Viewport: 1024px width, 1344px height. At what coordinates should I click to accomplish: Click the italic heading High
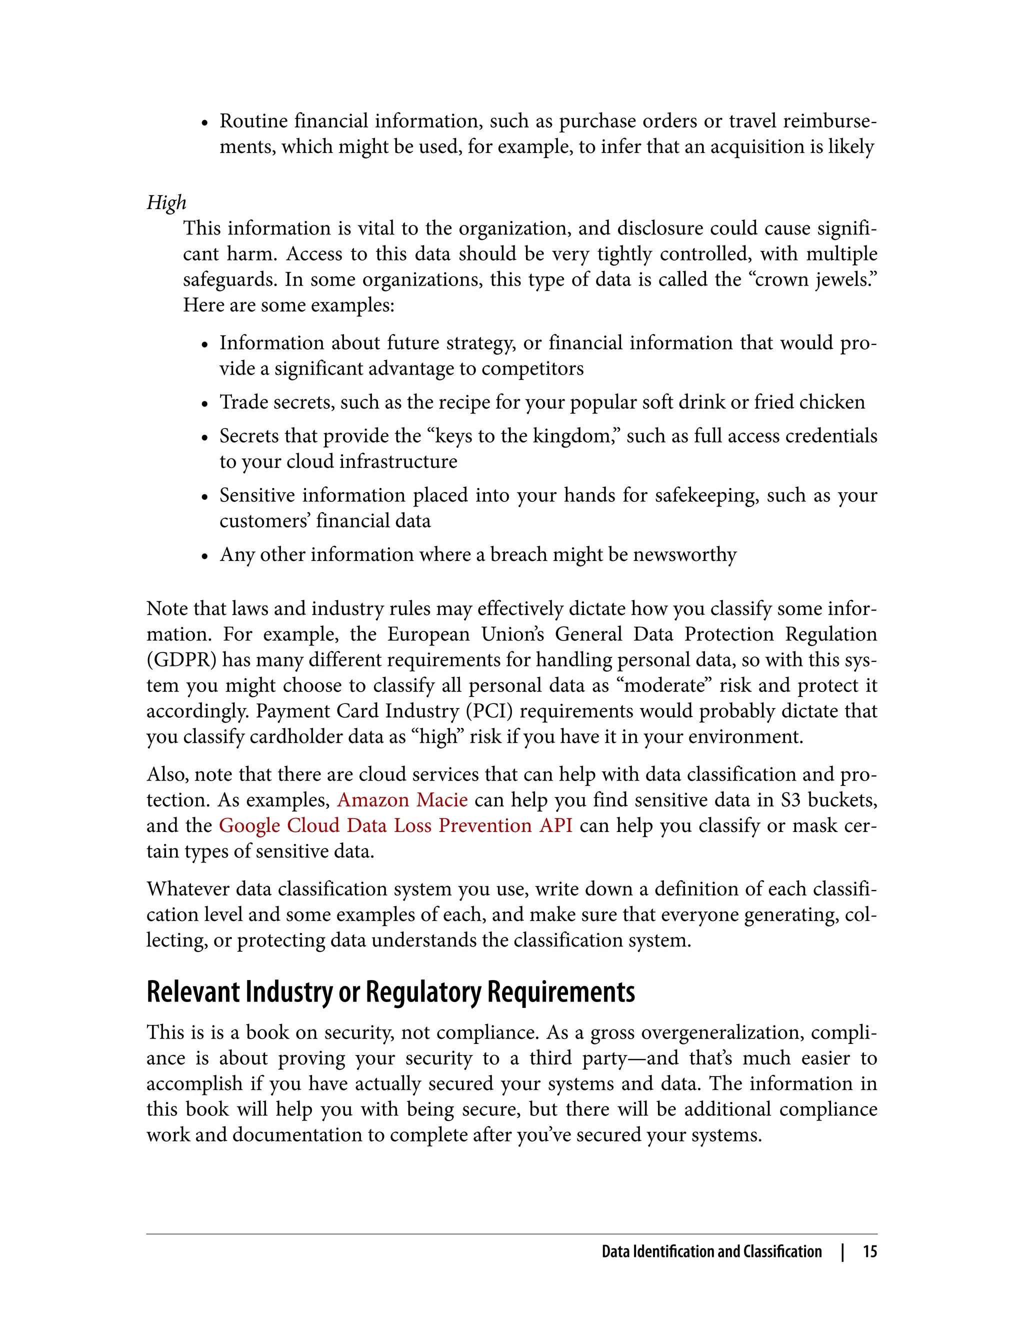pos(166,203)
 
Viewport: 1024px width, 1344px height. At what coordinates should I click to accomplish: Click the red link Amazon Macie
pos(402,799)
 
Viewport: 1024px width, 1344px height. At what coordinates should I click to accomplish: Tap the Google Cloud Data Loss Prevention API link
pos(395,825)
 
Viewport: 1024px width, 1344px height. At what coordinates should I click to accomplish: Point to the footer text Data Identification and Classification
pos(711,1251)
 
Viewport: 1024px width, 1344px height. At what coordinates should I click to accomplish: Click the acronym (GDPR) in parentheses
pos(181,660)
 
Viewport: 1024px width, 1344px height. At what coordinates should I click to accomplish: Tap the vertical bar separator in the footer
pos(842,1251)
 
